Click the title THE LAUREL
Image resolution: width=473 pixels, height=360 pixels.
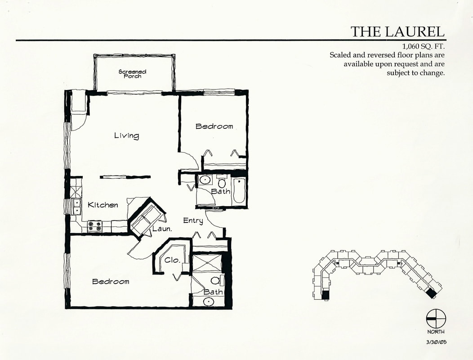[x=397, y=31]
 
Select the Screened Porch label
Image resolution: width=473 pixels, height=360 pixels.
[x=133, y=74]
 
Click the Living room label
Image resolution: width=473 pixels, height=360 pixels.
[x=127, y=135]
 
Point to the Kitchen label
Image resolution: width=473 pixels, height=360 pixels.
[x=103, y=205]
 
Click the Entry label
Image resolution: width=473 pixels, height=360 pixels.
[x=193, y=221]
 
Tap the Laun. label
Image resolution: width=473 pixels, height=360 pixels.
[x=162, y=229]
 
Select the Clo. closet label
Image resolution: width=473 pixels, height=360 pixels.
[x=173, y=260]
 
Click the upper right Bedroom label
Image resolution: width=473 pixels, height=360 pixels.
[x=214, y=126]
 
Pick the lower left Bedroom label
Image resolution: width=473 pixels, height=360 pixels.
[x=111, y=282]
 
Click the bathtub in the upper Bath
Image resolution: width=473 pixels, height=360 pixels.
[x=239, y=190]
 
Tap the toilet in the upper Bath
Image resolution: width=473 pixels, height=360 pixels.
[x=222, y=182]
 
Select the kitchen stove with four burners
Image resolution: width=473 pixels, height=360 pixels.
[x=94, y=226]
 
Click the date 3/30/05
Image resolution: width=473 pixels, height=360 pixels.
[x=436, y=342]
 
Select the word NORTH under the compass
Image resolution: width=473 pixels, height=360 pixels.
[x=436, y=332]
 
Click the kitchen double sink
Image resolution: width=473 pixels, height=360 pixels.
[x=77, y=206]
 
